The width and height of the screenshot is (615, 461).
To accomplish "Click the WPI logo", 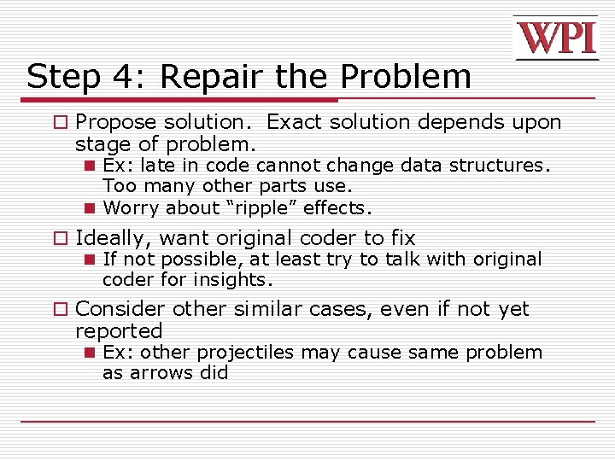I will [x=555, y=38].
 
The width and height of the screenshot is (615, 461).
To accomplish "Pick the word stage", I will [x=102, y=143].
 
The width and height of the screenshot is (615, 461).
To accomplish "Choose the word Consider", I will [x=120, y=309].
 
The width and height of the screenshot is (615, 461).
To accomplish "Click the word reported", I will [x=119, y=330].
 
